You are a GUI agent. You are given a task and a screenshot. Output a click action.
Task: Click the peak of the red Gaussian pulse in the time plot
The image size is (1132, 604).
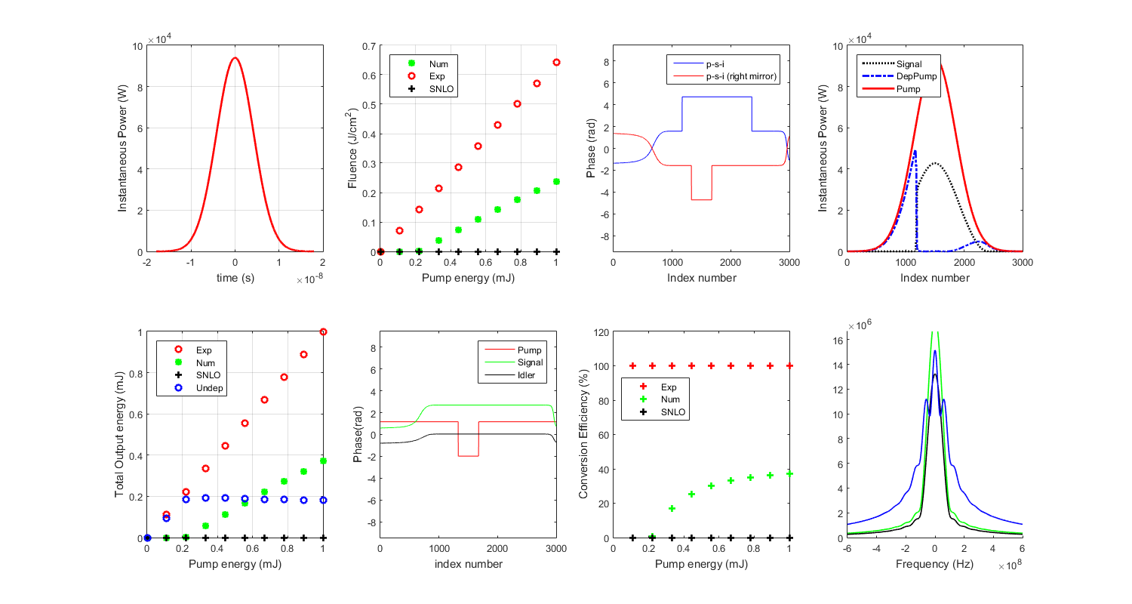pyautogui.click(x=235, y=58)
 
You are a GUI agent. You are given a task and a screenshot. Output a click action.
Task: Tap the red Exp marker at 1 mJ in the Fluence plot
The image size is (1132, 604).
pyautogui.click(x=556, y=62)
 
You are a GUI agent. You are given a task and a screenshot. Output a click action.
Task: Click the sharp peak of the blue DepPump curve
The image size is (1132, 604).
pyautogui.click(x=915, y=151)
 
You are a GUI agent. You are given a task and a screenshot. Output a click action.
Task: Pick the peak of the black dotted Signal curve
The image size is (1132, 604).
pyautogui.click(x=935, y=163)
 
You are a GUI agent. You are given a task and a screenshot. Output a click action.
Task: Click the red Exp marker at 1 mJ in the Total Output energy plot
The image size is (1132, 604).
pyautogui.click(x=324, y=331)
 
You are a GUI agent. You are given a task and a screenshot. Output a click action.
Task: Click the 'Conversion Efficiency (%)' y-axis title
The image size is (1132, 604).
pyautogui.click(x=583, y=435)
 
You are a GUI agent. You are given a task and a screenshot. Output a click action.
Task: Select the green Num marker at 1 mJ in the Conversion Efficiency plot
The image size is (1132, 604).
pyautogui.click(x=789, y=474)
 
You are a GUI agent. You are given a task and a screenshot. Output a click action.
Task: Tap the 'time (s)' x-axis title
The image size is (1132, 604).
pyautogui.click(x=235, y=278)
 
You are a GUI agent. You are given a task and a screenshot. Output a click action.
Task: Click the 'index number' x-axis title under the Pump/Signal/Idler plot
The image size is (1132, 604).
pyautogui.click(x=468, y=564)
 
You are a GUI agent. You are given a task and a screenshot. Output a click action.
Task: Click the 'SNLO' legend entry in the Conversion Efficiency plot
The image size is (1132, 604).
pyautogui.click(x=676, y=413)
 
